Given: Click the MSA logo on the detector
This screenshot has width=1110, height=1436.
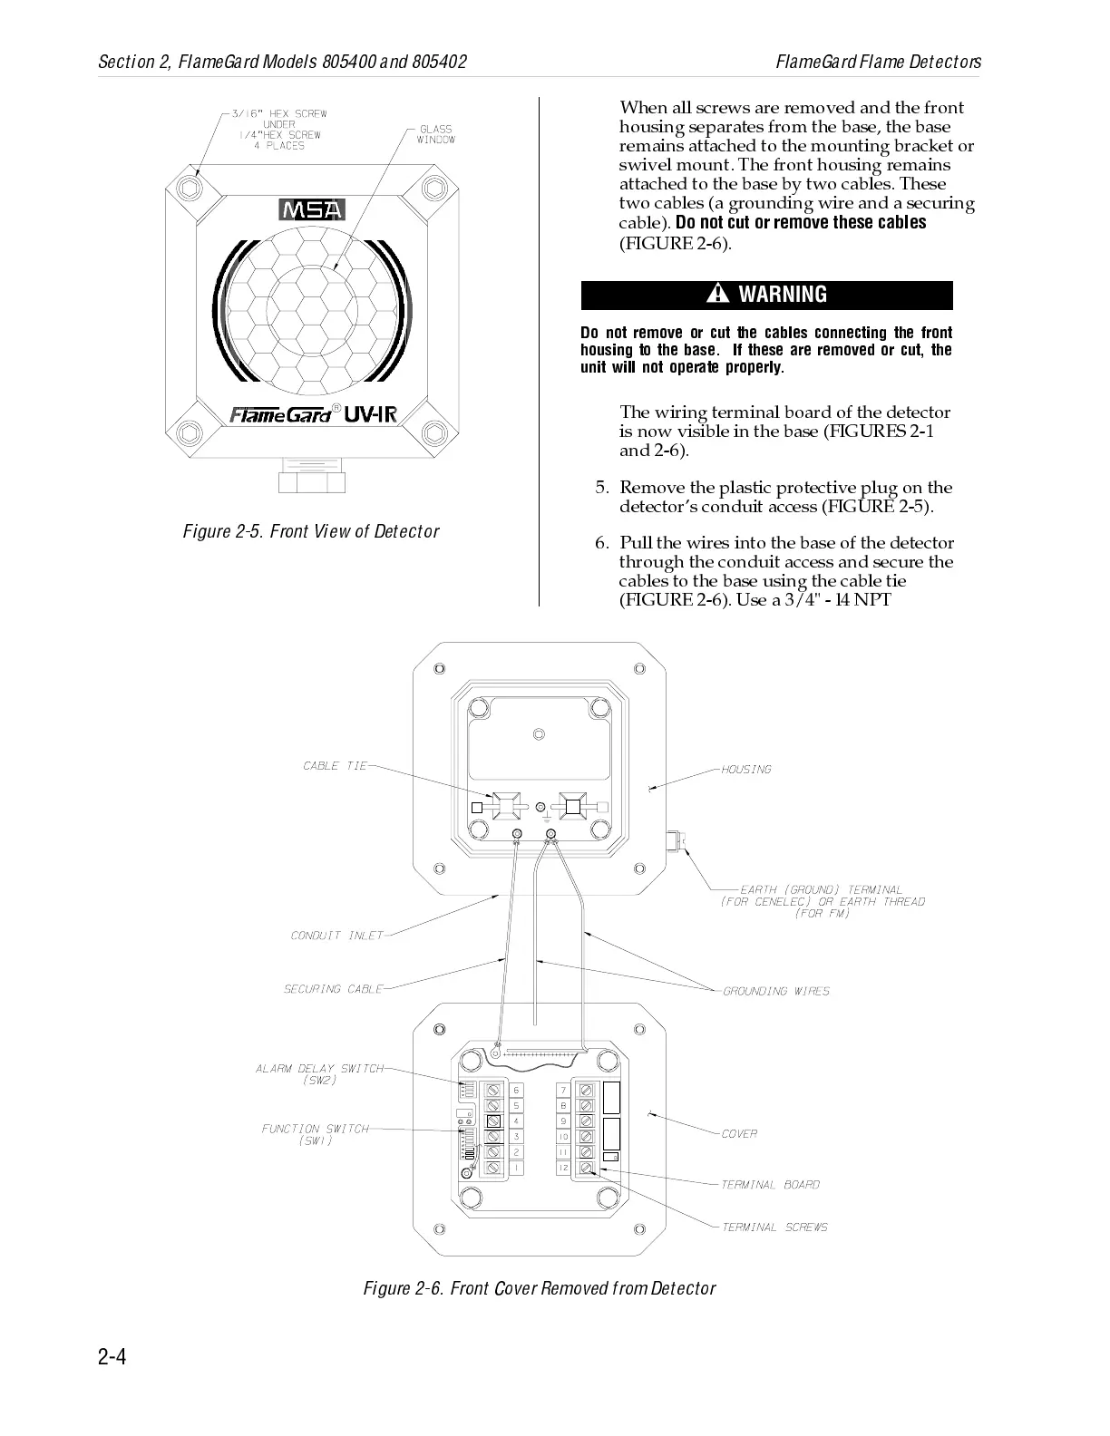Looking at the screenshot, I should [312, 209].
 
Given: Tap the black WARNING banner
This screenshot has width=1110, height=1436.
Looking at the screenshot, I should [766, 295].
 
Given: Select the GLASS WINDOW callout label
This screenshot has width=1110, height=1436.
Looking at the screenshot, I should [436, 134].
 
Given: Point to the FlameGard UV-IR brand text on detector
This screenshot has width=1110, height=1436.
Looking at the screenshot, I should [313, 414].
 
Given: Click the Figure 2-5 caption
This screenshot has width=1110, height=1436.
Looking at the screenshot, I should [311, 531].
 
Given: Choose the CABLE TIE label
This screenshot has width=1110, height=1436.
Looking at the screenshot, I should [335, 766].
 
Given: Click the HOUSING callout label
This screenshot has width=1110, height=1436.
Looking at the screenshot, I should [746, 770].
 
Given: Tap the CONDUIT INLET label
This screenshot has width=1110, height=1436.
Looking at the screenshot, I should [336, 936].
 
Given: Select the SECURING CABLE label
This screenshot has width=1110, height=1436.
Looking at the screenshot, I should [333, 989].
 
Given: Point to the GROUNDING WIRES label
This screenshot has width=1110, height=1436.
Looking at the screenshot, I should [776, 991].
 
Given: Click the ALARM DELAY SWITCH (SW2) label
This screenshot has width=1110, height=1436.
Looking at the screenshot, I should [319, 1074].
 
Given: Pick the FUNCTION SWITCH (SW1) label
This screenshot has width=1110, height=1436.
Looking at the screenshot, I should [316, 1134].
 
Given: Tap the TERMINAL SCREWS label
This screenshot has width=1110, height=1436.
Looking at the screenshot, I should [774, 1227].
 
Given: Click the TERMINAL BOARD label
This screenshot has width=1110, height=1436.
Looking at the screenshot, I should [770, 1185].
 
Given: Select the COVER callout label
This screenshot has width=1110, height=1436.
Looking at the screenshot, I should [739, 1134].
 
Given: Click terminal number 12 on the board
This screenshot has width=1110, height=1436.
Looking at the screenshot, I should [563, 1169].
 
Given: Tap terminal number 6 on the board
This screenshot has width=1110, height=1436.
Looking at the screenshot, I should [516, 1091].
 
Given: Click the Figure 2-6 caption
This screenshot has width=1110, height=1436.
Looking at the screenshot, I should [539, 1288].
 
